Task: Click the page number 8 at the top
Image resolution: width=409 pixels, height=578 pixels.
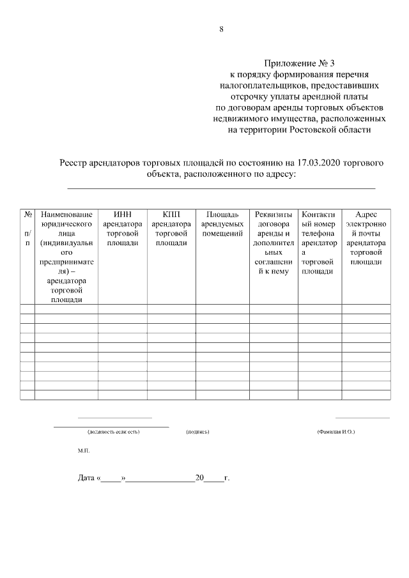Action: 221,29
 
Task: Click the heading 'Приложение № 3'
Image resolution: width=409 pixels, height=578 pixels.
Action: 298,64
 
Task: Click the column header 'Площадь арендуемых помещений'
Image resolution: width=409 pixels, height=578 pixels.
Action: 222,224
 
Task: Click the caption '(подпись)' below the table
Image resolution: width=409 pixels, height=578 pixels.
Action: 197,432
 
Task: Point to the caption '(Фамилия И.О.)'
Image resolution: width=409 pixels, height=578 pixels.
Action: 336,432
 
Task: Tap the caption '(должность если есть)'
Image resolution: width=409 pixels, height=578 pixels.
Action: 113,432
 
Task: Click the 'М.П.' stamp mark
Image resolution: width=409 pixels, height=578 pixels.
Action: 84,451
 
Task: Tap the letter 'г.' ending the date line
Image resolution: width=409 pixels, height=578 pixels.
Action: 227,478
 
